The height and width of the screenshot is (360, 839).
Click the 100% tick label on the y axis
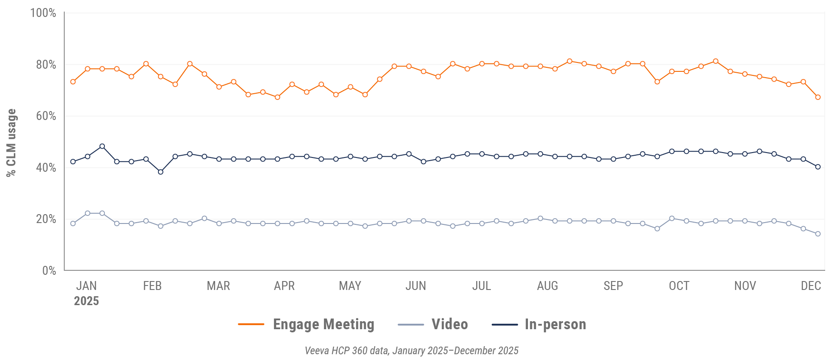[43, 13]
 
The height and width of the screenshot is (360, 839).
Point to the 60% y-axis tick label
[46, 116]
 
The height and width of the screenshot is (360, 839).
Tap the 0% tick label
[49, 270]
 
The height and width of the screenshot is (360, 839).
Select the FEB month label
[152, 286]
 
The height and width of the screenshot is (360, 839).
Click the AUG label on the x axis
[547, 286]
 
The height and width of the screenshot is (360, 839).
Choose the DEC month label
[810, 286]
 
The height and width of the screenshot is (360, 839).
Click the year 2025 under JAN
[86, 301]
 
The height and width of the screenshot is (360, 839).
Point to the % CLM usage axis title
[11, 143]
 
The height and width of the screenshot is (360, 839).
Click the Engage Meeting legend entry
[323, 324]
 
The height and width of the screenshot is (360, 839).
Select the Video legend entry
[449, 324]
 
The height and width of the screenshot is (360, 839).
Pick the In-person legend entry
[555, 324]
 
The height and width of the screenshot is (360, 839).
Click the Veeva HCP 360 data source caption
[411, 351]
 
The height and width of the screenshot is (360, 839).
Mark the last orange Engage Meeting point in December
[818, 97]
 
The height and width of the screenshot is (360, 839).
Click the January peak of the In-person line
[102, 146]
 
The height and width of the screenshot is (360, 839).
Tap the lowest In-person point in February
[161, 172]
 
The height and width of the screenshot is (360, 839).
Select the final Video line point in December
[818, 234]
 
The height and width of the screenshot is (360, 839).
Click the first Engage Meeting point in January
[73, 82]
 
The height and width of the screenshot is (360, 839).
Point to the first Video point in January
[73, 223]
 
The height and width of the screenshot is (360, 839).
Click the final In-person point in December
[818, 167]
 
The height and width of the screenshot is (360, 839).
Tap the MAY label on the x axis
[350, 286]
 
